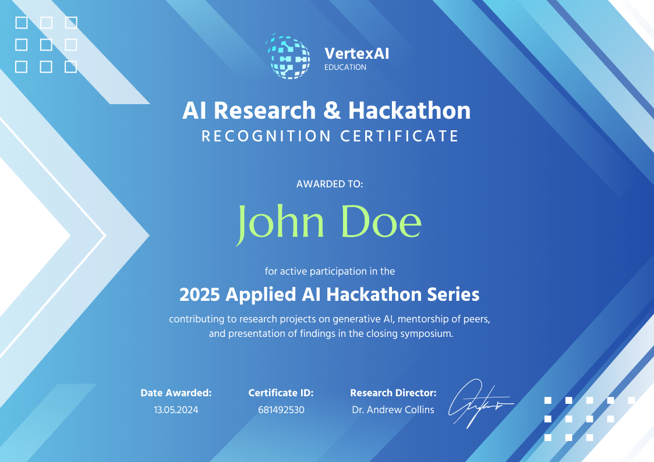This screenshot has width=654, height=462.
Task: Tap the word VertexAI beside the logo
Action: point(356,54)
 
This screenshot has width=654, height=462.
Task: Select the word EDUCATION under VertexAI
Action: point(345,67)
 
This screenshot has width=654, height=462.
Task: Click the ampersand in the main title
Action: point(332,111)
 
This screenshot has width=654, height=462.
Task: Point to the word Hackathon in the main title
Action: point(409,111)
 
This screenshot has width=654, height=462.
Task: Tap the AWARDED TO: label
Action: point(330,184)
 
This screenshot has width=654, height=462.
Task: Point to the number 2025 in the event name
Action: point(200,294)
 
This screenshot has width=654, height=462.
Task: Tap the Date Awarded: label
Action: point(176,393)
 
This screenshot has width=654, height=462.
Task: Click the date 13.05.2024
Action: point(176,410)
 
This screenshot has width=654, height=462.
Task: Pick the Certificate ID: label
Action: point(281,393)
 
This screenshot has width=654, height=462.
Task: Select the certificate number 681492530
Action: point(281,410)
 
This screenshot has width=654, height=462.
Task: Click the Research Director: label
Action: point(393,393)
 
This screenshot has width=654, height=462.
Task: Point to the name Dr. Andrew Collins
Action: point(393,410)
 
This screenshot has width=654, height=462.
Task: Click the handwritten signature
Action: point(478,403)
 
